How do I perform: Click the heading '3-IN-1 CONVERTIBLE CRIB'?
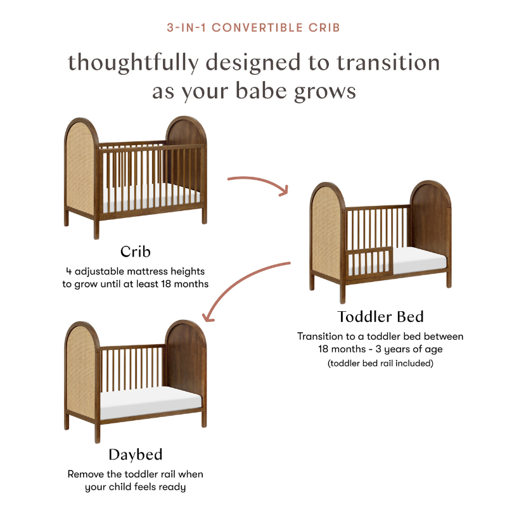point(253,28)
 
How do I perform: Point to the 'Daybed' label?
point(136,454)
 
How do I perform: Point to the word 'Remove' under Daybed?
point(86,474)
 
